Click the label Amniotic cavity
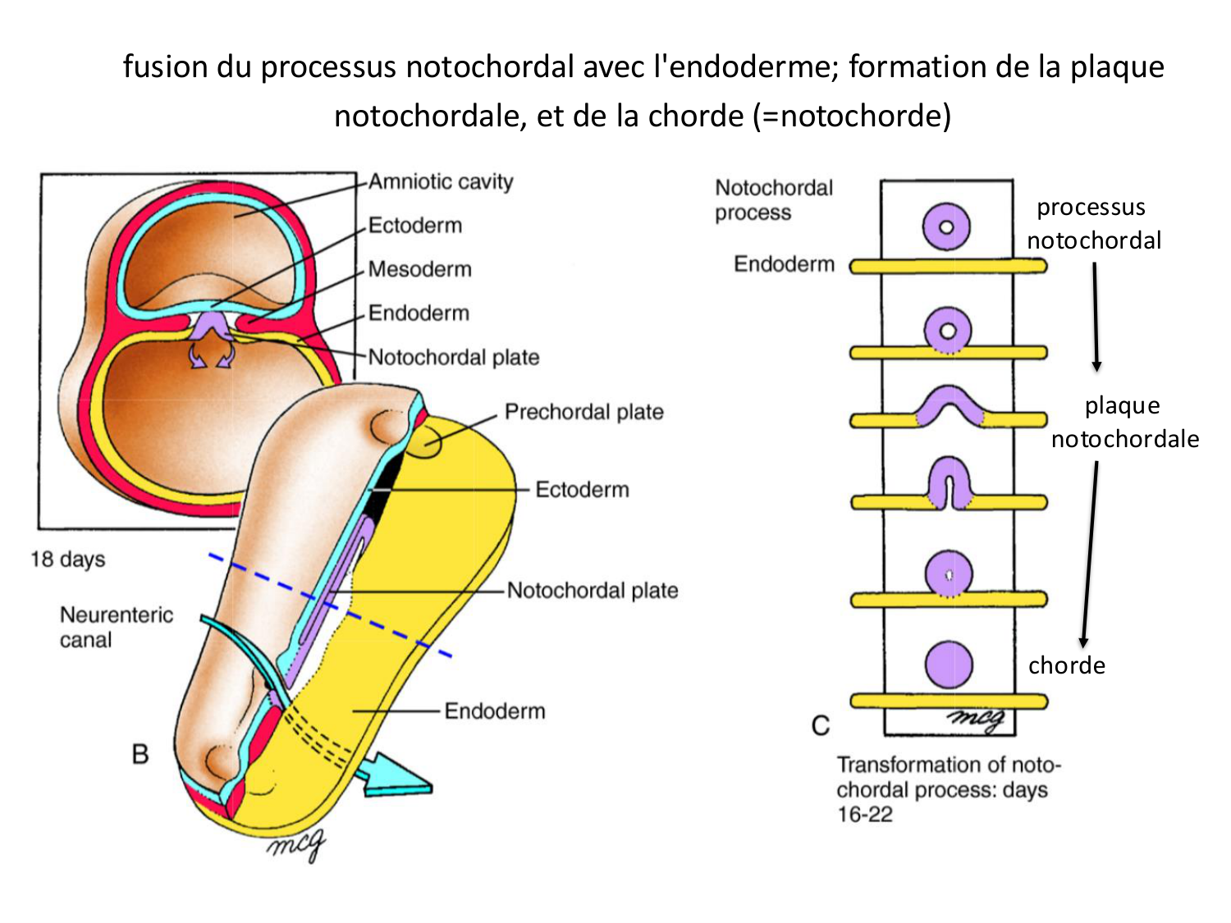[440, 181]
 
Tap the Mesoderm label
[419, 269]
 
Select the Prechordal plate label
[583, 412]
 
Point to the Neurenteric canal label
[116, 627]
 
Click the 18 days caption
[68, 560]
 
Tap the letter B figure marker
[140, 754]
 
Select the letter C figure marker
[820, 726]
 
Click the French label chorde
[1066, 665]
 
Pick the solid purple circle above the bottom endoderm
[948, 664]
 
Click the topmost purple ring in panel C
[946, 226]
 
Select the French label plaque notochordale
[1124, 422]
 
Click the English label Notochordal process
[773, 199]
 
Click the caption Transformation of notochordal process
[948, 788]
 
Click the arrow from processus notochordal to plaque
[1096, 317]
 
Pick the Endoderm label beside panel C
[784, 264]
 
